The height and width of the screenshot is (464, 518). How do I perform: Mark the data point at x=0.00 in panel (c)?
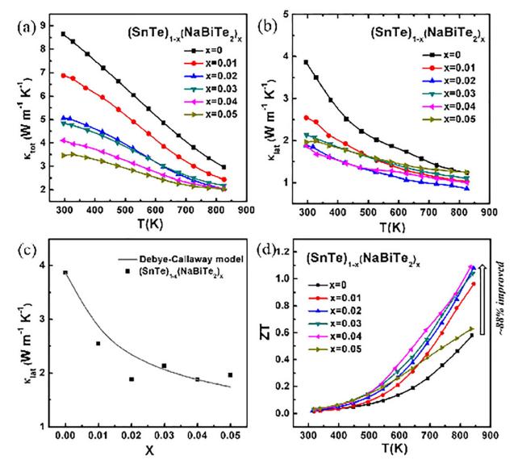[66, 273]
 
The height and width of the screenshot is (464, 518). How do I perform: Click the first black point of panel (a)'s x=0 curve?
[64, 34]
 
